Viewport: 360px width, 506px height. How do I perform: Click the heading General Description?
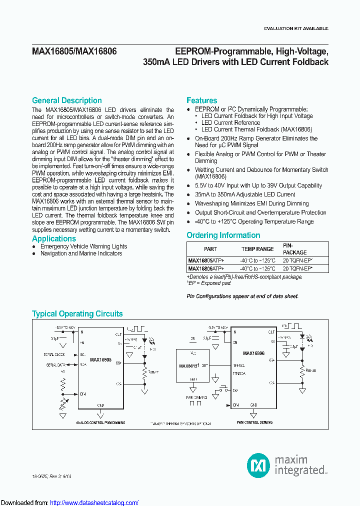pos(67,100)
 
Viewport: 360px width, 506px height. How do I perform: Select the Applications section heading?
pos(54,238)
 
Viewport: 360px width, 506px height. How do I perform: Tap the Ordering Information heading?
pos(223,235)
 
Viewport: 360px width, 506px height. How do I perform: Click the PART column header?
pos(210,249)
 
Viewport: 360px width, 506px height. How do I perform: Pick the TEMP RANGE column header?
pos(257,249)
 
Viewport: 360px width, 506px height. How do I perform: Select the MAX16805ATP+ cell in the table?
pos(206,260)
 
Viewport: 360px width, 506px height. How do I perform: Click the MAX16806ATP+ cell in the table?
pos(206,268)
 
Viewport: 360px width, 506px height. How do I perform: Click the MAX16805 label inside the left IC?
pos(100,359)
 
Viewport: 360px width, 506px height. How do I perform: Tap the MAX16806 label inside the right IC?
pos(253,353)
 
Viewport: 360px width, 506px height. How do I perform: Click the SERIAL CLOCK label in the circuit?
pos(54,354)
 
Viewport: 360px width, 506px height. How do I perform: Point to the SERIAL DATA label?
pos(55,365)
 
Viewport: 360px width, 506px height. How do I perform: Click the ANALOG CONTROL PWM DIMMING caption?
pos(100,422)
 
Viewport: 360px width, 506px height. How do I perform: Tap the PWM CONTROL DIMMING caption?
pos(254,422)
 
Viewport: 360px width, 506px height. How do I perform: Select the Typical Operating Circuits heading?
pos(77,314)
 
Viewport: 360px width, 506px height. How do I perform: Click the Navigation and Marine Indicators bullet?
pos(81,253)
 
